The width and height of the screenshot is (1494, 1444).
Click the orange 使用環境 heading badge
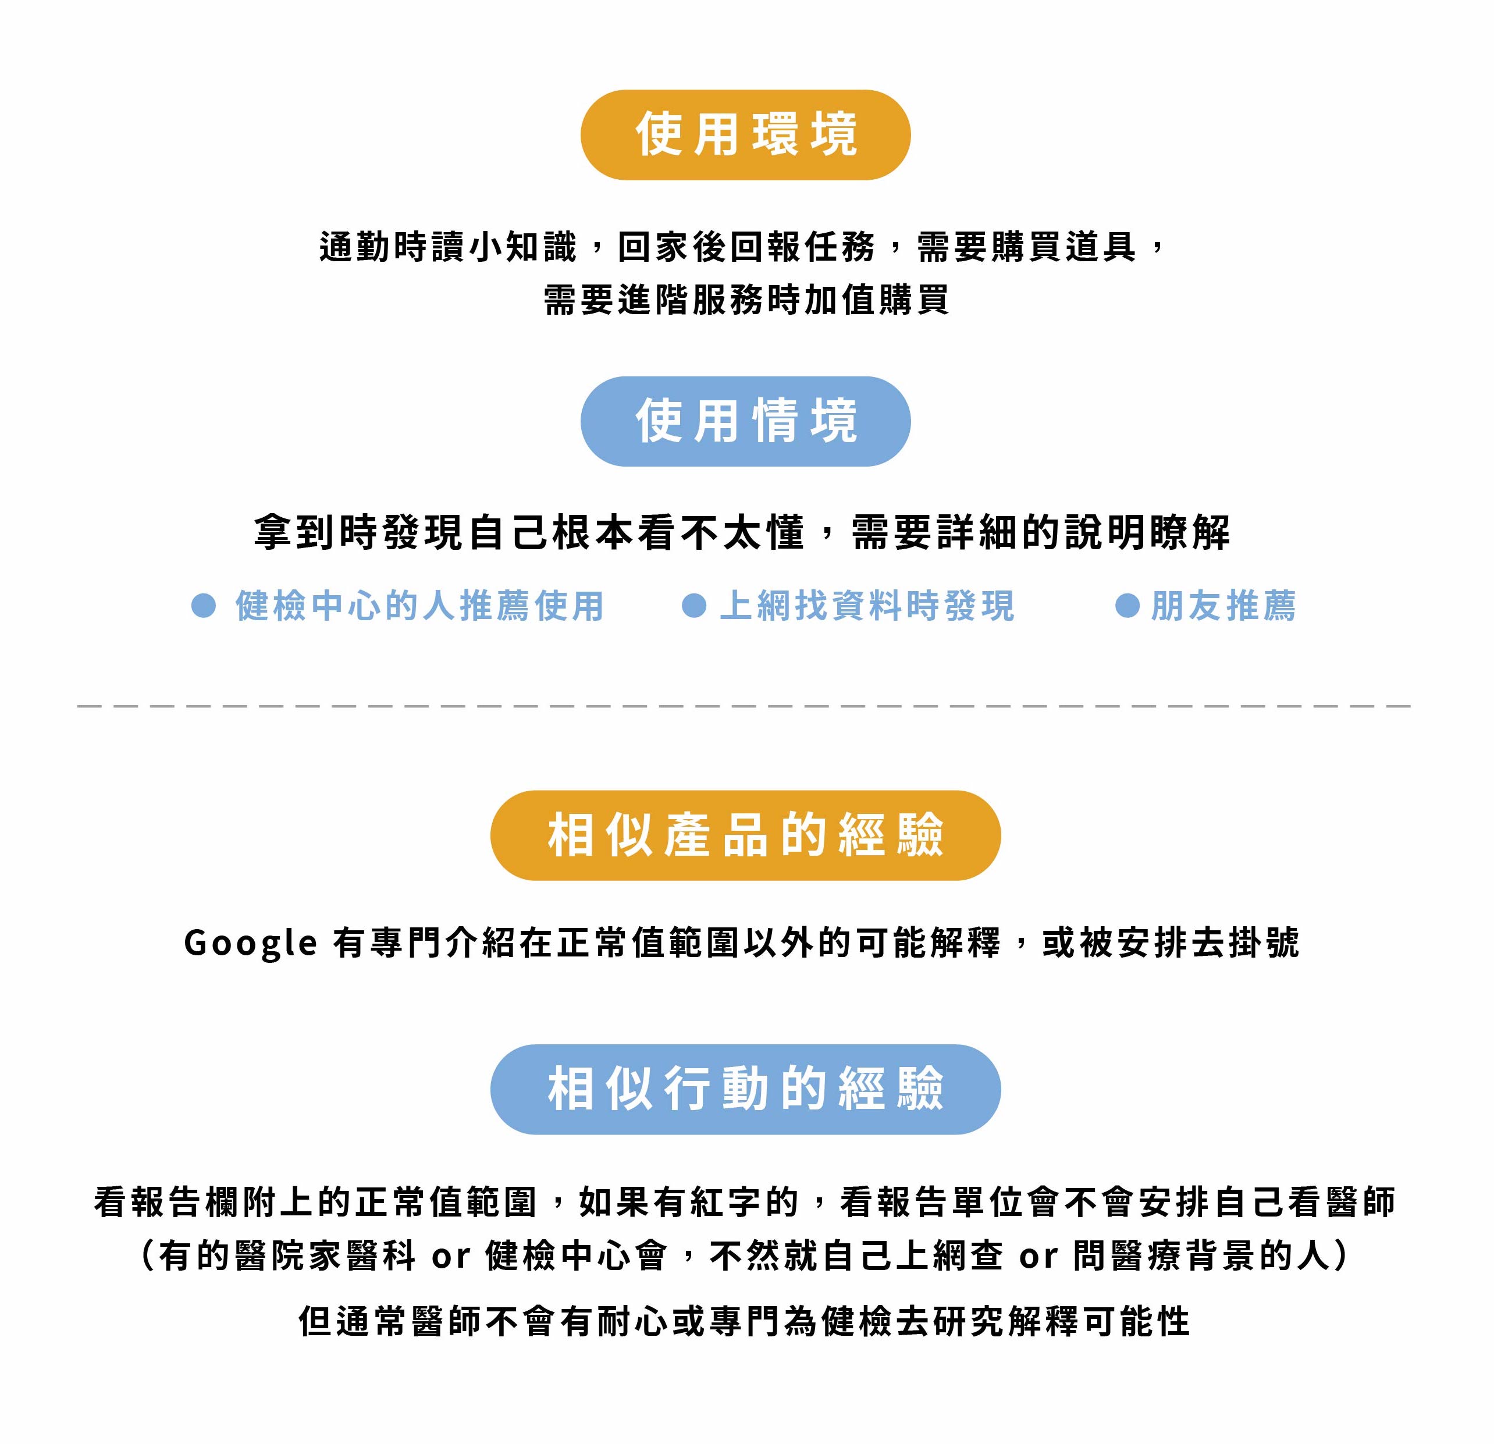[745, 135]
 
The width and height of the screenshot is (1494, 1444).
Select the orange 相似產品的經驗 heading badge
[745, 835]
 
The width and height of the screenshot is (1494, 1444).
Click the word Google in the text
[250, 943]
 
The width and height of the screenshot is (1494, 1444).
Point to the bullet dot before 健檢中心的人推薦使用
[204, 606]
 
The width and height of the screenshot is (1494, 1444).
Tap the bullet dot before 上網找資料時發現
[693, 606]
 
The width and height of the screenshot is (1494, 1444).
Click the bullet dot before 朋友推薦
[1126, 606]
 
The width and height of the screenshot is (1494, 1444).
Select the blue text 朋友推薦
[1223, 606]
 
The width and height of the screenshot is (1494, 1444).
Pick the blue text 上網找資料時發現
[867, 606]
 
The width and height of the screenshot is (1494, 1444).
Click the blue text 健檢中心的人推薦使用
[419, 606]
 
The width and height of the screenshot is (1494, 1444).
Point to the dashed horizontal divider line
[745, 706]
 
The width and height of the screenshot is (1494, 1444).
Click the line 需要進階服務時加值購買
[745, 300]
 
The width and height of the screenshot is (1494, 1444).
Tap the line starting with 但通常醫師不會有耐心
[745, 1321]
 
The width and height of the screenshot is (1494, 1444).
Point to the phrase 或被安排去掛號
[1170, 943]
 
